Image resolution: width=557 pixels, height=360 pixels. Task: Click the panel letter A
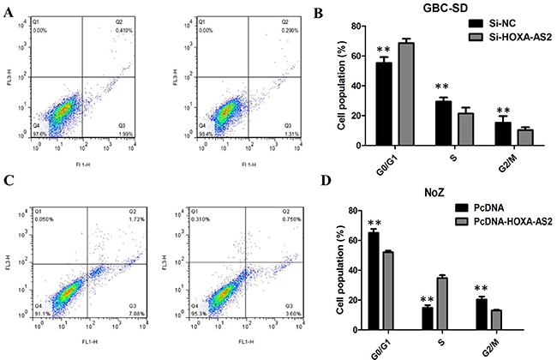point(10,11)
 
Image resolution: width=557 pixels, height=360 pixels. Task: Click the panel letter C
point(10,183)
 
